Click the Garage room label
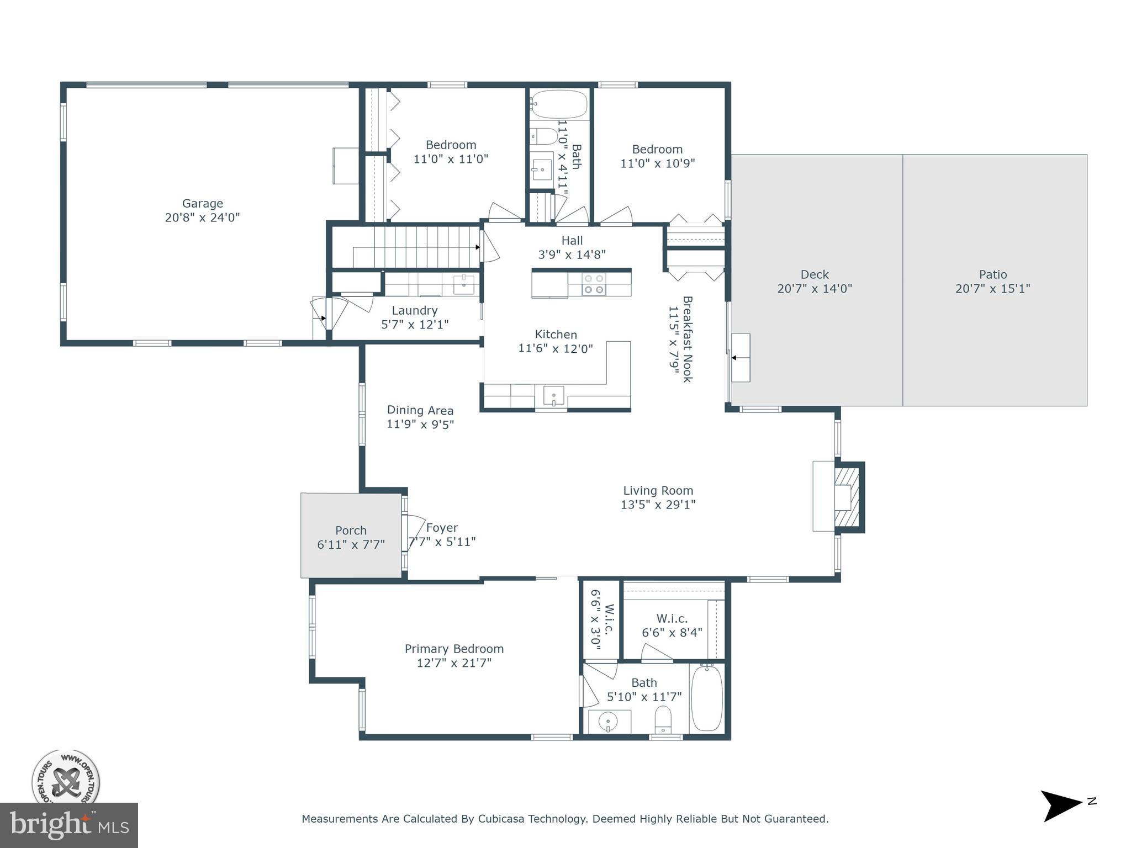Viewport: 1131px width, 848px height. (x=203, y=204)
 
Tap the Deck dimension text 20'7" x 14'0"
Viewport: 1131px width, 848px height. (x=815, y=288)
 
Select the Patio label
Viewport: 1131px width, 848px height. (x=993, y=274)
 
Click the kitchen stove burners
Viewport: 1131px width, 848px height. (x=594, y=285)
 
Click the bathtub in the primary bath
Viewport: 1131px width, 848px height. (x=706, y=699)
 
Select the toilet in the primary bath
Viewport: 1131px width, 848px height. (x=662, y=719)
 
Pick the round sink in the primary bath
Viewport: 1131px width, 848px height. (x=609, y=721)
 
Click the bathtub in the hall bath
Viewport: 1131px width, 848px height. (x=559, y=104)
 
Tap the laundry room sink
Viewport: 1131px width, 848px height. (x=464, y=284)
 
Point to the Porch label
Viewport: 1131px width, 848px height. (x=351, y=531)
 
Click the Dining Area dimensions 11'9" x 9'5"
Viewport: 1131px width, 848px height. (x=420, y=424)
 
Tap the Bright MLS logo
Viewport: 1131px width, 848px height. (x=69, y=825)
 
